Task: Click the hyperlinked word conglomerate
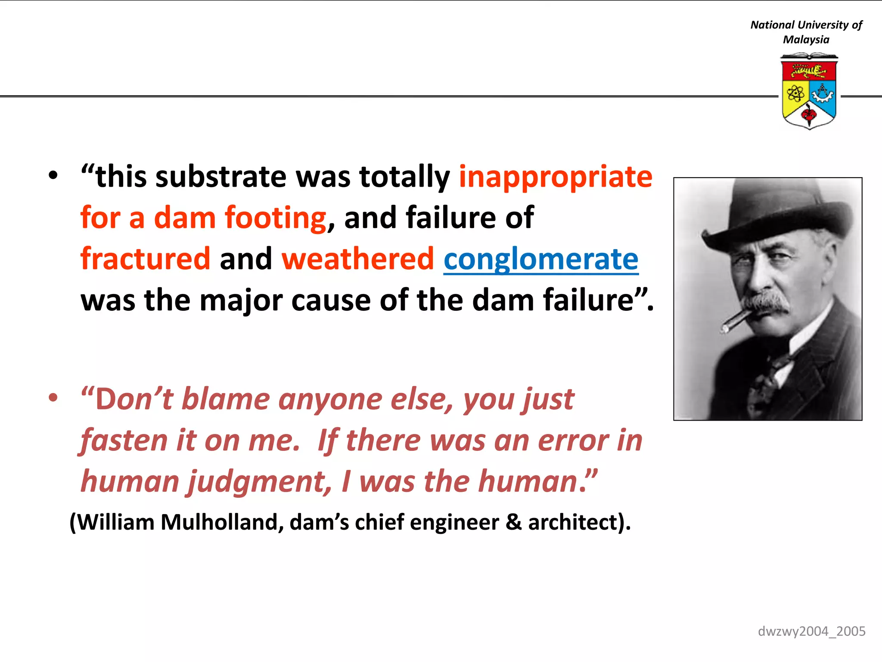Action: click(x=540, y=259)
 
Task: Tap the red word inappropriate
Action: click(x=556, y=177)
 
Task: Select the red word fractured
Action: click(x=145, y=259)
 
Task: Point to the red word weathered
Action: click(x=357, y=259)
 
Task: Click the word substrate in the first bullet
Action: click(x=220, y=177)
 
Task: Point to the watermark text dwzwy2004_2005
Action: click(x=811, y=631)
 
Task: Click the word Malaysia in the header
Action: click(x=806, y=40)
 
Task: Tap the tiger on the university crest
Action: click(x=808, y=70)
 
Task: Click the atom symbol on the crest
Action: click(x=795, y=93)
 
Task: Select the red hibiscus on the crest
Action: click(x=808, y=115)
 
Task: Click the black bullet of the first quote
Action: click(x=53, y=176)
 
